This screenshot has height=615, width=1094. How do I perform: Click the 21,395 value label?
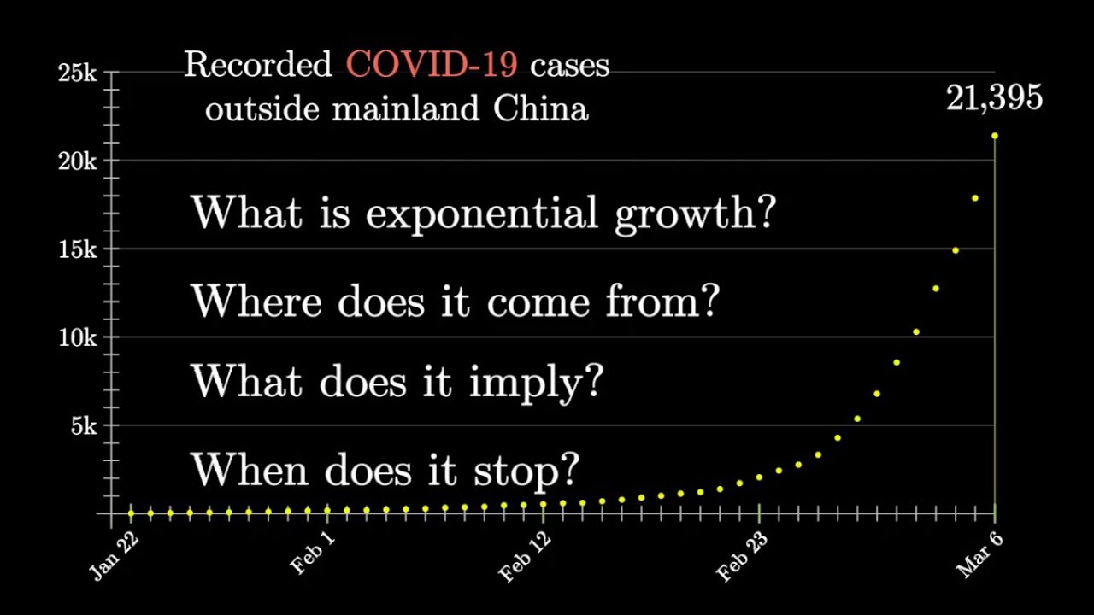pos(994,98)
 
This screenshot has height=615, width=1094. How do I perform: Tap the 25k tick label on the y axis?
pos(78,73)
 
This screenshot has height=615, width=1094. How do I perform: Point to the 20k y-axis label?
pos(78,161)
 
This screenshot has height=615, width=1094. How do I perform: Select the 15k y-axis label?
pos(78,249)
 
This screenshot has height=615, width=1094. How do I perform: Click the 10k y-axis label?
pos(78,337)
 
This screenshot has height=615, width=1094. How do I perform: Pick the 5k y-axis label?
pos(84,425)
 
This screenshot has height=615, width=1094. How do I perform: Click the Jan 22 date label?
pos(115,556)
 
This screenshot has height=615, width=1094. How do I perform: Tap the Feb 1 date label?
pos(313,552)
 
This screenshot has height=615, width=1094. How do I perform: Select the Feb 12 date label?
pos(525,557)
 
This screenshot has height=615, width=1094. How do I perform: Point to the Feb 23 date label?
pos(742,557)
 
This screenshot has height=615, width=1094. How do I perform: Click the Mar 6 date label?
pos(979,554)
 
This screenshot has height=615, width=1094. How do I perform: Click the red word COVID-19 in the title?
pos(432,64)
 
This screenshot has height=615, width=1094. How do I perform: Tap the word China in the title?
pos(541,108)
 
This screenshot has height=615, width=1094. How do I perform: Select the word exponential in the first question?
pos(482,214)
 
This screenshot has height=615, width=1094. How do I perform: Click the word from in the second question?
pos(662,300)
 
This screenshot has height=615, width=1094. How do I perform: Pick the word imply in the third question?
pos(536,382)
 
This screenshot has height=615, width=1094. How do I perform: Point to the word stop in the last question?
pos(526,471)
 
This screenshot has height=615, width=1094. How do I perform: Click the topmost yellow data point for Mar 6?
pos(995,136)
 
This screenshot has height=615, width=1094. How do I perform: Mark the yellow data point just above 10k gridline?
pos(916,332)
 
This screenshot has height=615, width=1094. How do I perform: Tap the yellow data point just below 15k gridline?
pos(956,250)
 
